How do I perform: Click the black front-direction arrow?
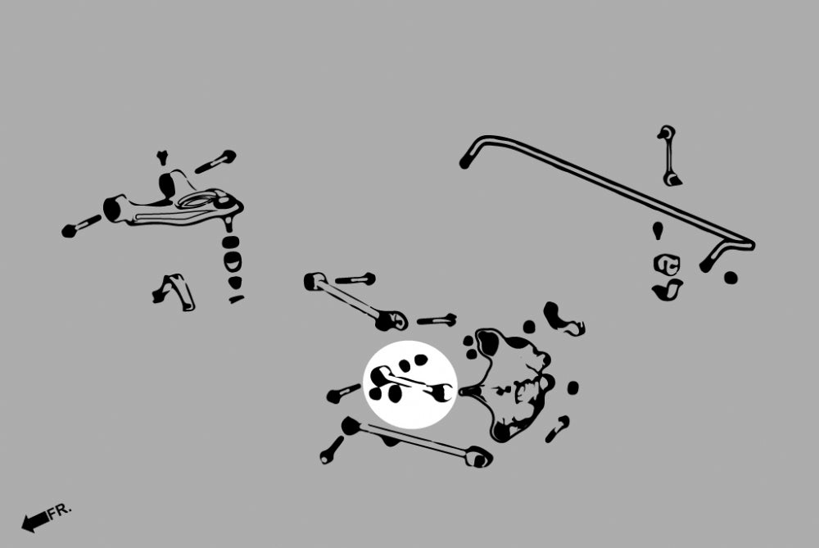[x=35, y=521]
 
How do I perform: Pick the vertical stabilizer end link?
[x=668, y=156]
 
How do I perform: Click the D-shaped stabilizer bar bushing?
[x=667, y=264]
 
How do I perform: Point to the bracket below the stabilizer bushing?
[x=667, y=290]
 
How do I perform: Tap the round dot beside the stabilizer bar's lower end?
[x=731, y=278]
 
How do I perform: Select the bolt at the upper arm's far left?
[x=81, y=226]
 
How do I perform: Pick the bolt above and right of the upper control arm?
[x=215, y=161]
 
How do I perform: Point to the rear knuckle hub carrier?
[x=509, y=384]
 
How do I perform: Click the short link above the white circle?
[x=355, y=301]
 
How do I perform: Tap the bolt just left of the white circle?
[x=343, y=393]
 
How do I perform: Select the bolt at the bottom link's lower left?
[x=332, y=451]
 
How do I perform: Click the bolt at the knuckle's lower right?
[x=558, y=429]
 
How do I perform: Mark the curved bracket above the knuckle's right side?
[x=563, y=318]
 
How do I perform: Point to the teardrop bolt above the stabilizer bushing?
[x=658, y=230]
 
